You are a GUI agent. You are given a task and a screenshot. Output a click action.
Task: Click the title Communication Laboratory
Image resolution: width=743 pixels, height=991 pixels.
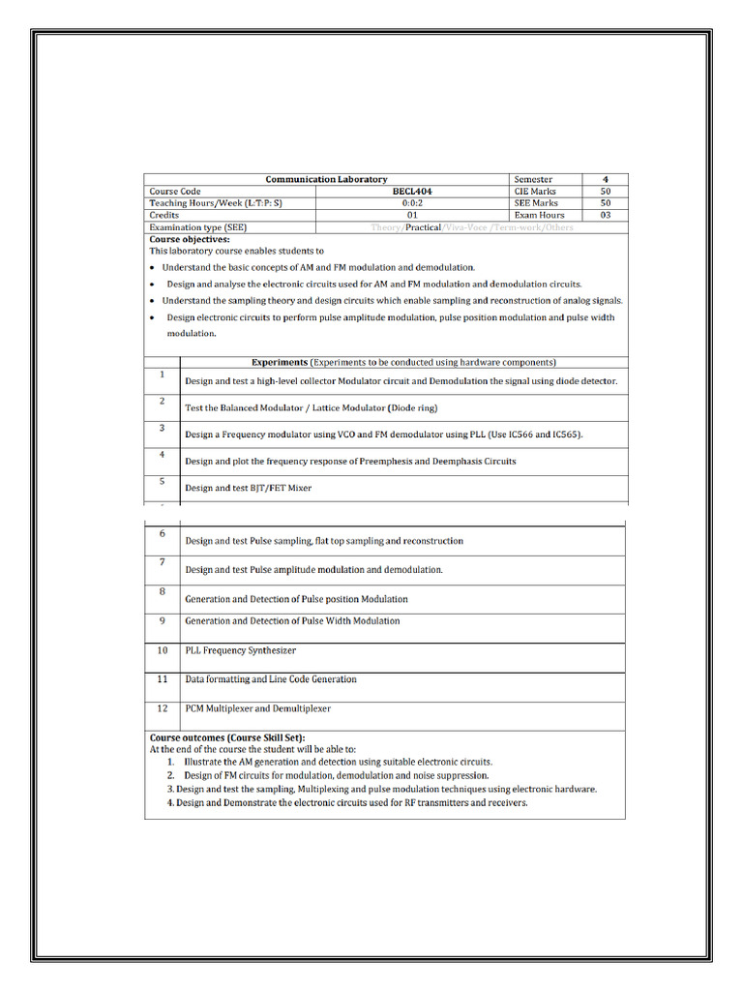[x=326, y=179]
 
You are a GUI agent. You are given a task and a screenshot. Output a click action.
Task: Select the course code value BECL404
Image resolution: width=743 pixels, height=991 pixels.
[x=412, y=192]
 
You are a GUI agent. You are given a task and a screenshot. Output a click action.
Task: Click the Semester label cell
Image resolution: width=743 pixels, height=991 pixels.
[x=533, y=179]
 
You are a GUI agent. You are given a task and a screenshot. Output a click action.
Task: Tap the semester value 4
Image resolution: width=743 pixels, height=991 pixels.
[x=606, y=179]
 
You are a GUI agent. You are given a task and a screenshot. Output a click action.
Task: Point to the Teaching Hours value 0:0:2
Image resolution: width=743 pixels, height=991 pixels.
[x=412, y=203]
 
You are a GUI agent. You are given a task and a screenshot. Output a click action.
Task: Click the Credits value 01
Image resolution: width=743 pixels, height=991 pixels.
[x=412, y=215]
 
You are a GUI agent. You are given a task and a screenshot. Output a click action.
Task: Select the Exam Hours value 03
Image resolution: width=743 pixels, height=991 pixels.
[x=606, y=215]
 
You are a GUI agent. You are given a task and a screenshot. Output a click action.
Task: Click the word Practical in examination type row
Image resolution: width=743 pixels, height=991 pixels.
[x=422, y=227]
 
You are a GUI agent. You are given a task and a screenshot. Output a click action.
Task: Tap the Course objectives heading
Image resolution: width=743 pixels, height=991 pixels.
[x=190, y=239]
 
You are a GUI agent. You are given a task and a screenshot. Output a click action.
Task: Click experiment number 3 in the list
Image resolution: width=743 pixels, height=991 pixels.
[x=162, y=428]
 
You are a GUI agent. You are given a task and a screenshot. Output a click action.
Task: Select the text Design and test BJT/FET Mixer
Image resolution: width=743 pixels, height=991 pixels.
[x=249, y=488]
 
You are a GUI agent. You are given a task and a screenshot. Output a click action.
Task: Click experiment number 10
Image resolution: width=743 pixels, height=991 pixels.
[x=163, y=650]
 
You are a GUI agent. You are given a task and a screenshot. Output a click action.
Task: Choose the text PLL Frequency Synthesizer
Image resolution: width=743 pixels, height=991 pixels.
[x=241, y=650]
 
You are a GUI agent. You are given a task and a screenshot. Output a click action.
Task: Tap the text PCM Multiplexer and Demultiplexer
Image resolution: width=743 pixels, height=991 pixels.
[x=258, y=708]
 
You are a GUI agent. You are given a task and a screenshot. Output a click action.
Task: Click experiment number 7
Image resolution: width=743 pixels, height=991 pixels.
[x=162, y=562]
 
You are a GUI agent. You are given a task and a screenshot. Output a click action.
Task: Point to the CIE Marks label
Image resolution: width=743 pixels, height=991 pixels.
[x=535, y=192]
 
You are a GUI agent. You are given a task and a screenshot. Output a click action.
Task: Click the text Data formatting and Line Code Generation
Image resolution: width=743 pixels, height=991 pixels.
[x=271, y=679]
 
